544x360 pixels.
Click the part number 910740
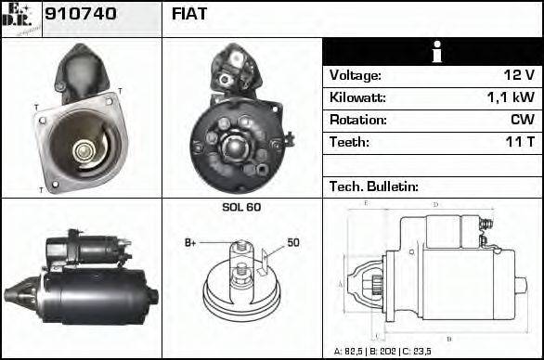pos(81,14)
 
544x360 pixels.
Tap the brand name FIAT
pos(189,14)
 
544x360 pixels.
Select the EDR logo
pos(20,18)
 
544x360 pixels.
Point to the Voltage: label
pos(356,75)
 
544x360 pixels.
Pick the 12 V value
pos(518,75)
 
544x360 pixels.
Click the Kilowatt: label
pos(357,97)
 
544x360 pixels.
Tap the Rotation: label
pos(357,120)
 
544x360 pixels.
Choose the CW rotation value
pos(522,120)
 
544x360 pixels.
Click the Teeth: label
pos(349,142)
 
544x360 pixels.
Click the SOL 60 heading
pos(241,207)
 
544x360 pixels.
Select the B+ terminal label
pos(190,243)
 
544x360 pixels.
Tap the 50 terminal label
pos(293,243)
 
